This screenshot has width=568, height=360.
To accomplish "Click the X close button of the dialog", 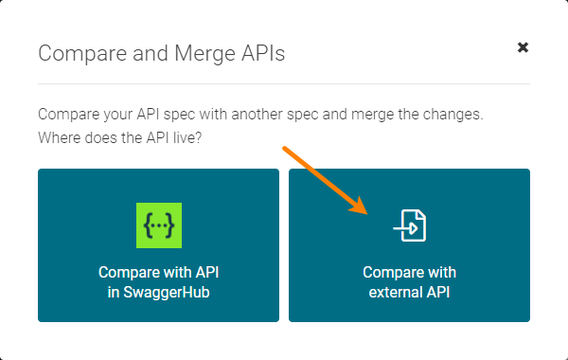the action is click(523, 47).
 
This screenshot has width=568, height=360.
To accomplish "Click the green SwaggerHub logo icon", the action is click(159, 225).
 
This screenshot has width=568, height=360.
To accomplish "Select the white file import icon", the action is click(410, 225).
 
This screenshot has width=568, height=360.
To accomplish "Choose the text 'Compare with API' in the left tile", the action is click(159, 272).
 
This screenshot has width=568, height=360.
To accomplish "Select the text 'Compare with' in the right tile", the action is click(410, 272).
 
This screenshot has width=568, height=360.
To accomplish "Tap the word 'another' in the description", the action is click(245, 115).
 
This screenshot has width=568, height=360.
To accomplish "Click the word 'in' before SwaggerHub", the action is click(114, 293).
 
